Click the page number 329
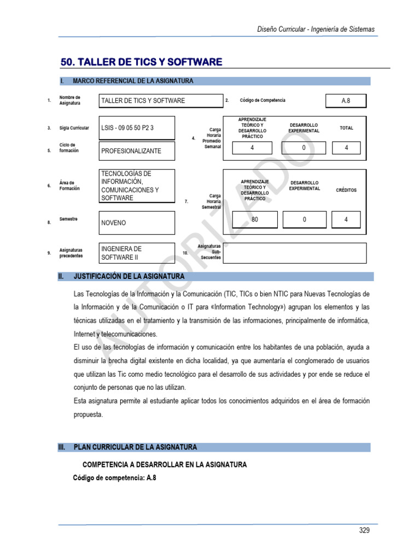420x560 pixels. (364, 530)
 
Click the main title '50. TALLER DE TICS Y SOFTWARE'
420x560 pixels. (141, 62)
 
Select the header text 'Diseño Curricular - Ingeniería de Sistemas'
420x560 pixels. (316, 29)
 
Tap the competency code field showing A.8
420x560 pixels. (345, 101)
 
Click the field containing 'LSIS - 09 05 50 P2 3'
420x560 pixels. (137, 128)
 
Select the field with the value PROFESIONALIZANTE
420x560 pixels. (137, 151)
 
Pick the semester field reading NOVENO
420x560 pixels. (137, 223)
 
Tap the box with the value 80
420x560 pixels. (254, 219)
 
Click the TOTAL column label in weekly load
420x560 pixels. (346, 128)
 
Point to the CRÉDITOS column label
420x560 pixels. (346, 190)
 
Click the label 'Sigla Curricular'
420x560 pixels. (74, 128)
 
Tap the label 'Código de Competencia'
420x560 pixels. (262, 100)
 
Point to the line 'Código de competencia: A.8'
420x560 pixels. (115, 477)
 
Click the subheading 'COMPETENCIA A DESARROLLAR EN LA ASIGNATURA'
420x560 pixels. (164, 464)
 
